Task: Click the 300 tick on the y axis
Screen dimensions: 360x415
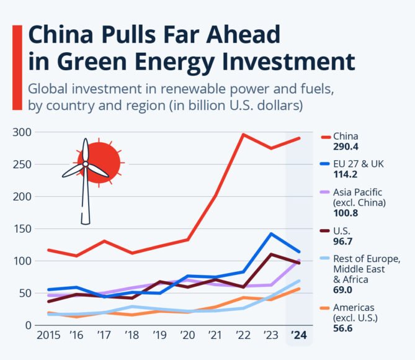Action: pyautogui.click(x=22, y=132)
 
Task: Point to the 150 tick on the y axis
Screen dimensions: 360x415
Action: pyautogui.click(x=22, y=229)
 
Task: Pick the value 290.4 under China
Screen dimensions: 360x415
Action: pyautogui.click(x=346, y=147)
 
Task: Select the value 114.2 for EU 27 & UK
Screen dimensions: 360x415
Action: pyautogui.click(x=346, y=175)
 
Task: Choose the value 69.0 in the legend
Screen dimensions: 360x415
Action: pyautogui.click(x=344, y=289)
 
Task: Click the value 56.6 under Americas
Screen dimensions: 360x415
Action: pyautogui.click(x=344, y=328)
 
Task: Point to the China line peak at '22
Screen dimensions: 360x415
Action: pyautogui.click(x=243, y=134)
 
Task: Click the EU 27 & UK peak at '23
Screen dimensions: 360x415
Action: pyautogui.click(x=271, y=234)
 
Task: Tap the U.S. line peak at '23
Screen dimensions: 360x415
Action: pyautogui.click(x=271, y=254)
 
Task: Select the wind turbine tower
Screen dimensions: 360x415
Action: pyautogui.click(x=86, y=199)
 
